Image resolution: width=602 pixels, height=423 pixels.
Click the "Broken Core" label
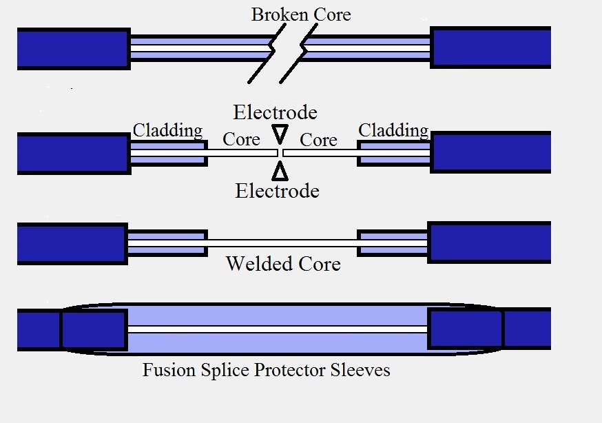[301, 14]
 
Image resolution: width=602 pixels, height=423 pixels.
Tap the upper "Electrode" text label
[275, 112]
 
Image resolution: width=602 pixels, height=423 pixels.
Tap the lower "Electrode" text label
[277, 191]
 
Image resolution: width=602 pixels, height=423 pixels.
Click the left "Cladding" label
[167, 130]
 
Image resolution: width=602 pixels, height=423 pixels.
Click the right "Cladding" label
[393, 130]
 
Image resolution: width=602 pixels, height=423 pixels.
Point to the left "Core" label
[241, 140]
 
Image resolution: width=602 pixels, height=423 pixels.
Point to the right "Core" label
[318, 140]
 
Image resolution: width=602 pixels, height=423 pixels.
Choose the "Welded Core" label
[283, 264]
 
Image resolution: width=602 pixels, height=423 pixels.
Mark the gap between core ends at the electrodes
[280, 152]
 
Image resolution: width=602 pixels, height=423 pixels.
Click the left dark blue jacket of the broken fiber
[73, 48]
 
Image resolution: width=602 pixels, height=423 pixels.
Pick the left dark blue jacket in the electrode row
[73, 152]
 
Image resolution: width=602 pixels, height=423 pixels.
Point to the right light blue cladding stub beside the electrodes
[394, 152]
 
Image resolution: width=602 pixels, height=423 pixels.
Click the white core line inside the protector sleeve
[278, 329]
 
